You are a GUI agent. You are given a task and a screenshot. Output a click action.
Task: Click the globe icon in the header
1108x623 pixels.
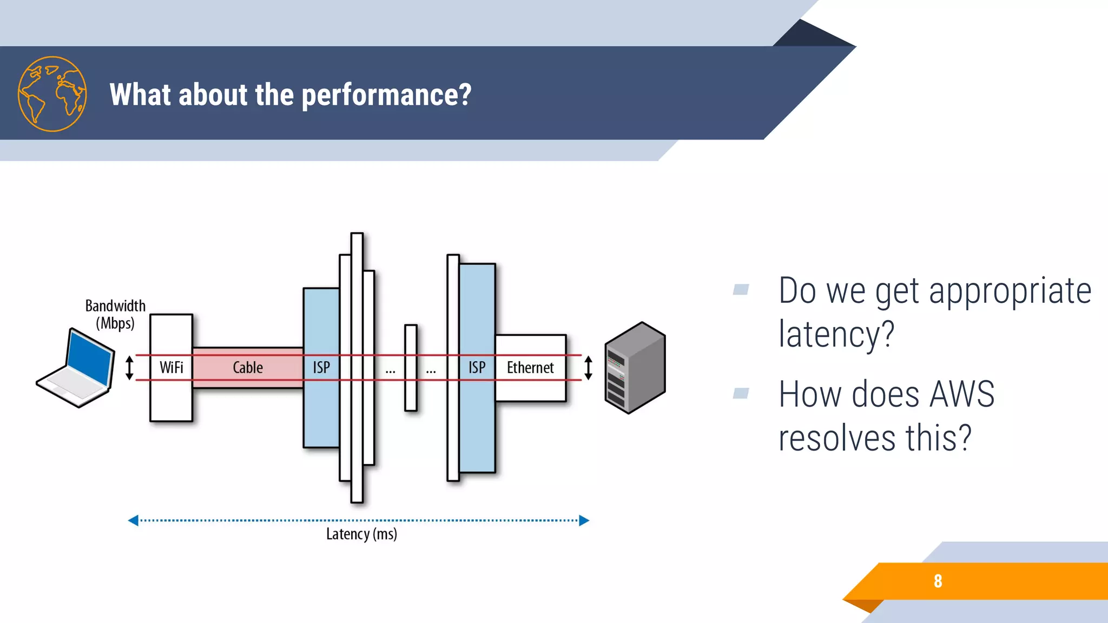(x=52, y=94)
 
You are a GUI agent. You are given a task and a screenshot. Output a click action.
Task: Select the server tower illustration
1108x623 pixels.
(x=635, y=368)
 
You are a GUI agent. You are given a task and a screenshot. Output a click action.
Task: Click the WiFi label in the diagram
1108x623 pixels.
(x=171, y=368)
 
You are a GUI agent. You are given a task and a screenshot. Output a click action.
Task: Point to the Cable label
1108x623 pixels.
(x=248, y=368)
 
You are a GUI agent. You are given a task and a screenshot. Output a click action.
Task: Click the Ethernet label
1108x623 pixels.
(x=530, y=368)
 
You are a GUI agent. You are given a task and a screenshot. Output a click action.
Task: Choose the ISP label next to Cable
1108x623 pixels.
(x=321, y=368)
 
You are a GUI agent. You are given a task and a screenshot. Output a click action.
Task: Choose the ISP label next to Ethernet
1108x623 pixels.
(x=477, y=368)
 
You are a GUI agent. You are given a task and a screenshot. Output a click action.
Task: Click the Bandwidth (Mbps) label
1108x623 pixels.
(x=115, y=314)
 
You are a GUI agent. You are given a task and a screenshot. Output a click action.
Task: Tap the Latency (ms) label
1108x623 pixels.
(x=361, y=534)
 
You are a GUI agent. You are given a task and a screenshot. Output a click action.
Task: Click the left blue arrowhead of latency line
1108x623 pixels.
(x=133, y=520)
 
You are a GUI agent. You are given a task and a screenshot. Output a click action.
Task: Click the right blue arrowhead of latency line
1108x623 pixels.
(x=584, y=520)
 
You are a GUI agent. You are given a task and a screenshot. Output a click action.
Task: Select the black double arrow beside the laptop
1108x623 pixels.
(x=129, y=368)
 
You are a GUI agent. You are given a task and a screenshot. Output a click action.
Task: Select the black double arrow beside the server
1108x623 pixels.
(x=589, y=368)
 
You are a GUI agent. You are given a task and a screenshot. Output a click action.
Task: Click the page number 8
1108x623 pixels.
(x=938, y=581)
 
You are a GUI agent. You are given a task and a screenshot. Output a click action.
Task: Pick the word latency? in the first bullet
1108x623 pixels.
(x=836, y=334)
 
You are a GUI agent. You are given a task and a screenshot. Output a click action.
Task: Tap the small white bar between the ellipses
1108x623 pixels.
(x=411, y=368)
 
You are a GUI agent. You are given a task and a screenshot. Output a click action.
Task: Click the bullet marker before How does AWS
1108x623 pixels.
(x=741, y=393)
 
